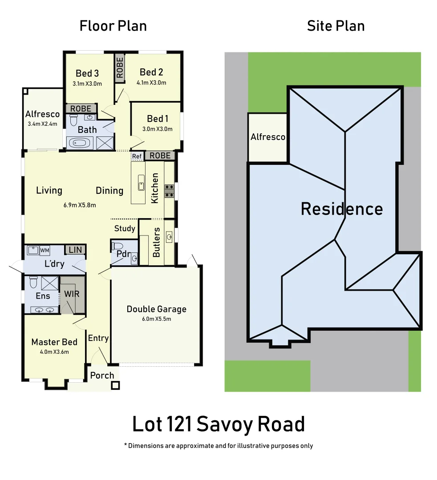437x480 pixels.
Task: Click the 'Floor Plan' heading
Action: pyautogui.click(x=113, y=26)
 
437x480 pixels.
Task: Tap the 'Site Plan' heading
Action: pyautogui.click(x=336, y=26)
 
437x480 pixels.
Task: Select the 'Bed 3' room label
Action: pyautogui.click(x=87, y=73)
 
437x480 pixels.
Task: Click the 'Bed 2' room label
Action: pyautogui.click(x=151, y=72)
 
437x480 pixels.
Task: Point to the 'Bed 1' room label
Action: pyautogui.click(x=158, y=119)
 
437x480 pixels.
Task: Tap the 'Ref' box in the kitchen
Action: pyautogui.click(x=137, y=156)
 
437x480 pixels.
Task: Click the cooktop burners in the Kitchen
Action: pyautogui.click(x=169, y=191)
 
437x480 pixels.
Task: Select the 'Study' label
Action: pyautogui.click(x=125, y=228)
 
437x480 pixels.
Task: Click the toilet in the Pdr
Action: pyautogui.click(x=117, y=247)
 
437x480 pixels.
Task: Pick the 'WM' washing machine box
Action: pyautogui.click(x=45, y=251)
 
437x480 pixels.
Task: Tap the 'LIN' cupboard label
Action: pyautogui.click(x=75, y=250)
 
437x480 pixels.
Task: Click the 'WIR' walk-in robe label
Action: pyautogui.click(x=71, y=294)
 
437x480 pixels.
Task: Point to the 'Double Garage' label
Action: pyautogui.click(x=156, y=309)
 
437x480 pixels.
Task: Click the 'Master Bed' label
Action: pyautogui.click(x=54, y=342)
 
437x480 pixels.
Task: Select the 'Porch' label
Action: pyautogui.click(x=102, y=375)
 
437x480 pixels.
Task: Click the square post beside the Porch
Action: pyautogui.click(x=115, y=385)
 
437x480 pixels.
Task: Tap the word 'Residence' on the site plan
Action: pyautogui.click(x=341, y=208)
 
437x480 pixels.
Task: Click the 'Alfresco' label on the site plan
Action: pyautogui.click(x=267, y=137)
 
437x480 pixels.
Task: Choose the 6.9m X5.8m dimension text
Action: pyautogui.click(x=81, y=205)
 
